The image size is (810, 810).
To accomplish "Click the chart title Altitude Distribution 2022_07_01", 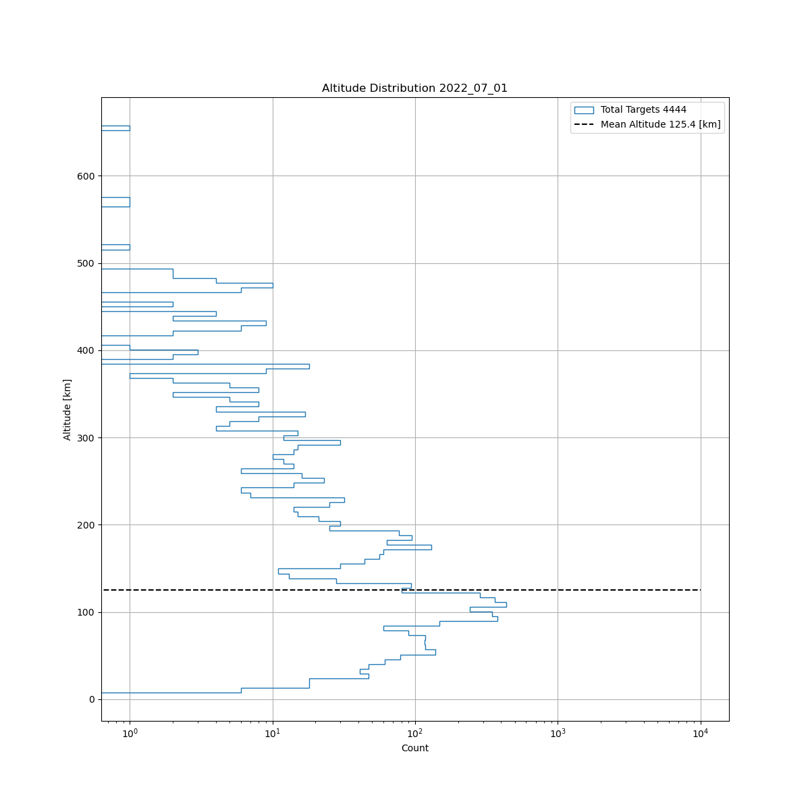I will tap(414, 88).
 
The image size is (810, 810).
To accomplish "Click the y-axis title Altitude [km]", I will tap(67, 409).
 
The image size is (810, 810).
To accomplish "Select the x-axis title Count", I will tap(414, 748).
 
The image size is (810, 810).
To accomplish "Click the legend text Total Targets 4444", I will tap(643, 110).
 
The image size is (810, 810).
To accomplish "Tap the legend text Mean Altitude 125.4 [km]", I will tap(660, 125).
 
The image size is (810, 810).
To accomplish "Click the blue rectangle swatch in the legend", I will tap(584, 110).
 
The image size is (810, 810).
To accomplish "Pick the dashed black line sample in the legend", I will tap(584, 125).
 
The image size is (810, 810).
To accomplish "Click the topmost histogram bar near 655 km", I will tap(115, 128).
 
